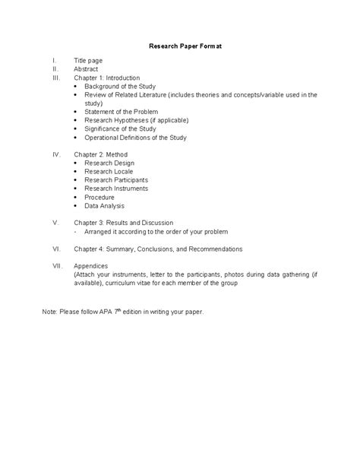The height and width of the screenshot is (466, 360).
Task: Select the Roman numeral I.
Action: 53,60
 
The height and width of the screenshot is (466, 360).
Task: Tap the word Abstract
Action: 87,68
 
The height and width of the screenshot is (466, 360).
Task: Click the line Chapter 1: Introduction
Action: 107,78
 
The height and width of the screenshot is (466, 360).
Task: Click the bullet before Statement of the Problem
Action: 76,112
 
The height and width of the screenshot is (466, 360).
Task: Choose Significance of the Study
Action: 122,129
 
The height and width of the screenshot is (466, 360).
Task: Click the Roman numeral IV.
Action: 55,154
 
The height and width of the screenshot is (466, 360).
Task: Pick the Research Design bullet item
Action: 110,163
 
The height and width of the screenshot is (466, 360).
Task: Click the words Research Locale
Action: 110,172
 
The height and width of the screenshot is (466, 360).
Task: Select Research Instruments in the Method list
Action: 116,189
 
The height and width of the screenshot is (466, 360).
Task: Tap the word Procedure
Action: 99,197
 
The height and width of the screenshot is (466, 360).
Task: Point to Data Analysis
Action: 104,205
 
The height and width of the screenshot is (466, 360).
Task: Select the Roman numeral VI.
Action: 56,249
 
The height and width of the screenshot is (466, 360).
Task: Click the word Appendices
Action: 91,266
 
